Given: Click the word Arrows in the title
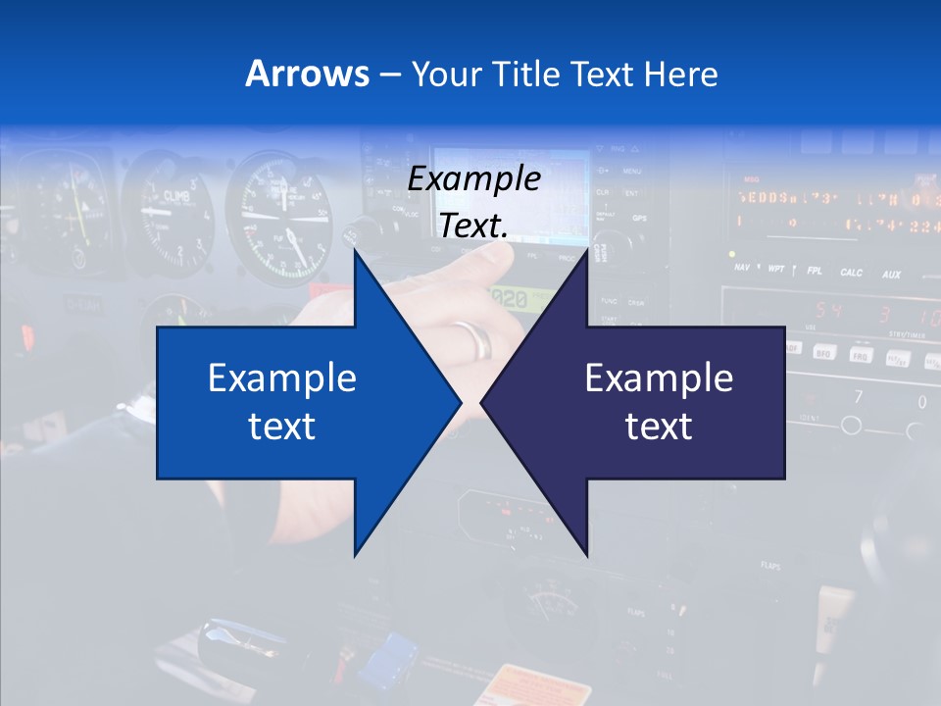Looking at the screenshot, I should [x=307, y=74].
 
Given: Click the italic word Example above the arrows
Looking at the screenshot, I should [x=473, y=178].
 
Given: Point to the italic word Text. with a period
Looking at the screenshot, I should [x=473, y=226].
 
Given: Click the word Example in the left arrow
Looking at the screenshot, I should [x=282, y=378].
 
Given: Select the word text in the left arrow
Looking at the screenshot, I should [x=282, y=426].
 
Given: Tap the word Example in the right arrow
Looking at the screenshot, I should [x=659, y=378].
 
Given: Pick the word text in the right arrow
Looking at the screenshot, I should [x=659, y=426].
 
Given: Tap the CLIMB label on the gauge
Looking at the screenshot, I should [x=177, y=195].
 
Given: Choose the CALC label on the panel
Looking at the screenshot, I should [x=851, y=273].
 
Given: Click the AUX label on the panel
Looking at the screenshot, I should [x=890, y=275].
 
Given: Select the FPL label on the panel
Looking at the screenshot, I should [x=814, y=271].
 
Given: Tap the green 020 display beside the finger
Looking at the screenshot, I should [x=510, y=298].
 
